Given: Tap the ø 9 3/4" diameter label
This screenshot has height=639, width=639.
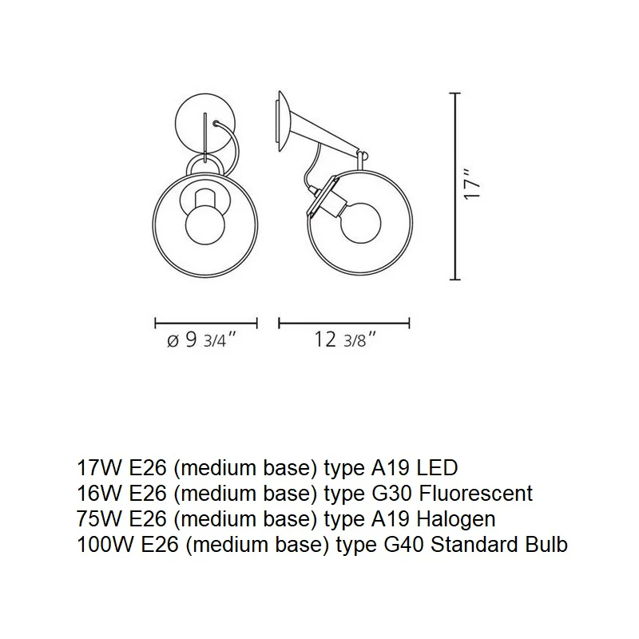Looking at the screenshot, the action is tap(202, 339).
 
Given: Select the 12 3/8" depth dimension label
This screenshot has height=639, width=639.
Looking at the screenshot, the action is tap(344, 339).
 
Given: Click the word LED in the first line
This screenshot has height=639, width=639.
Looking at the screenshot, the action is tap(437, 467).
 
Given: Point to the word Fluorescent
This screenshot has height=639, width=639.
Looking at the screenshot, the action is tap(476, 493).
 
